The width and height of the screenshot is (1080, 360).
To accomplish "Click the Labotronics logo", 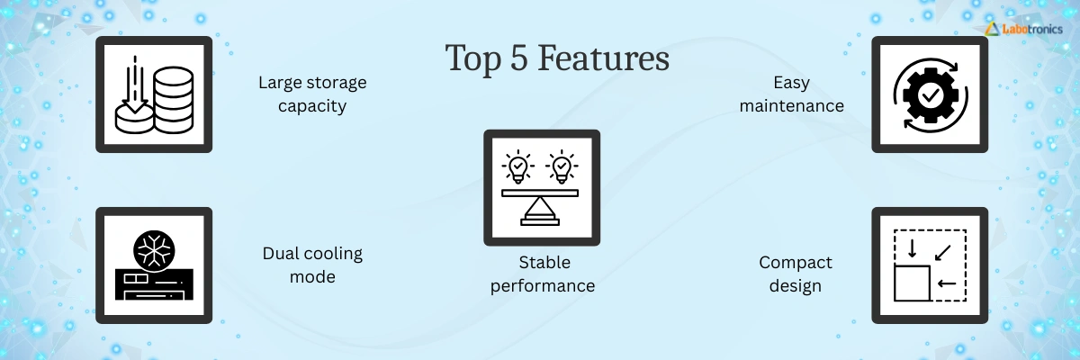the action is point(1023,29).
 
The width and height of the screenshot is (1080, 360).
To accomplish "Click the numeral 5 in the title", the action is point(518,58).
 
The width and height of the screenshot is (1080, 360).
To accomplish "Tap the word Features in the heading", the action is point(604,58).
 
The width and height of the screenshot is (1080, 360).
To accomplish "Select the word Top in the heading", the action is point(473,59).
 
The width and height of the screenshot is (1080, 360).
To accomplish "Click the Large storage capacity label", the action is point(312,94).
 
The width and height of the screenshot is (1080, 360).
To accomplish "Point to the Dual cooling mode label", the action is point(312,265).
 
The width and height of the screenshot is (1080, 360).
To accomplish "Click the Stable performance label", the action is point(543,274).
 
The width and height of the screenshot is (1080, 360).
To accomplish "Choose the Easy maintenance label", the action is point(792,94).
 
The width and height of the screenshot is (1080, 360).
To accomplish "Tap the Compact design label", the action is point(795,274).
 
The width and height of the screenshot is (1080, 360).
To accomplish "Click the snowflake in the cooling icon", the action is point(154,250).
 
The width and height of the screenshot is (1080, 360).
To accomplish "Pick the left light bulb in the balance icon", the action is point(517,166).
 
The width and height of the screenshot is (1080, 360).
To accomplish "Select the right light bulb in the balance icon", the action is point(562,166).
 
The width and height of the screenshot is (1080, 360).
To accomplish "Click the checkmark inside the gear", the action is point(930,95).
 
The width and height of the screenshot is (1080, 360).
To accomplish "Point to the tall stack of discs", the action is point(174,100).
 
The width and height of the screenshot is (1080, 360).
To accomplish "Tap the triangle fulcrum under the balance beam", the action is point(540,208).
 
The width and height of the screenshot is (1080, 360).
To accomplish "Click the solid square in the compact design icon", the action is point(912,283).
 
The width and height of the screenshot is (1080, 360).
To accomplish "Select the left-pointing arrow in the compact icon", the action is point(947,283).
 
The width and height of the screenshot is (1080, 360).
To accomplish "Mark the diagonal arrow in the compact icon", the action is point(942,253).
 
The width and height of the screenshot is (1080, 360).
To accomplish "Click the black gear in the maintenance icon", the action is point(930,95).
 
